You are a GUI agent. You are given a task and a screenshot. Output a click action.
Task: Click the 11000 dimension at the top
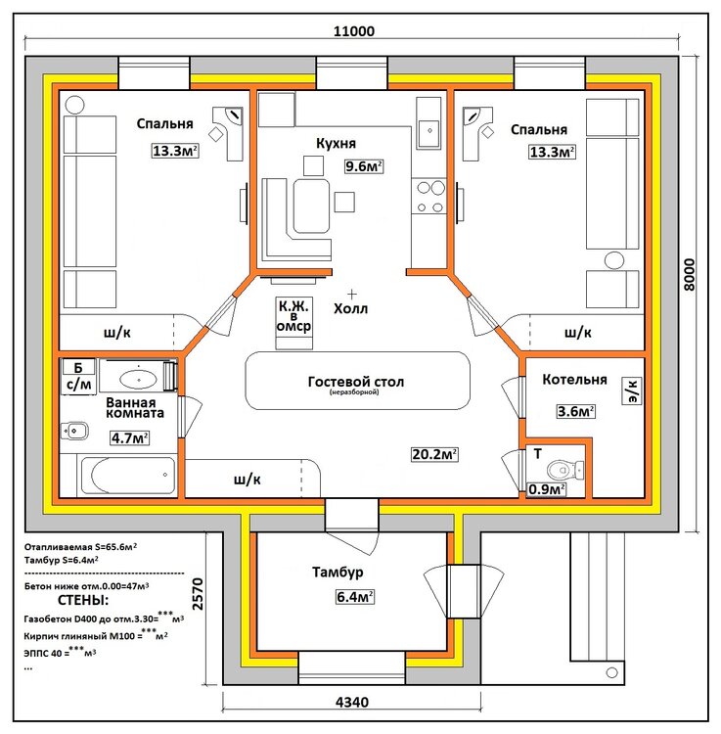[354, 31]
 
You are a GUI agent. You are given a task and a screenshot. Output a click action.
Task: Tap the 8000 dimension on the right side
[689, 275]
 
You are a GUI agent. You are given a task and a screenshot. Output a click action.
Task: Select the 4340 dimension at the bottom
[352, 702]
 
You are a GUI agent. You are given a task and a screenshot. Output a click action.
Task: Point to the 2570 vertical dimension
[198, 594]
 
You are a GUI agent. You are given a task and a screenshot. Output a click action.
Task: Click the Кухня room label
[336, 143]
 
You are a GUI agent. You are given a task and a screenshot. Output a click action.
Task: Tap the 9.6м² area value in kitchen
[364, 166]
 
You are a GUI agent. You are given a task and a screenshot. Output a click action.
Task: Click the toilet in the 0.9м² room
[565, 469]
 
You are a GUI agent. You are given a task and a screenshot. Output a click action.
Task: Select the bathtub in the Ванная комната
[128, 475]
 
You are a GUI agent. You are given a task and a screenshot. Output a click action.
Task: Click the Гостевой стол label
[355, 382]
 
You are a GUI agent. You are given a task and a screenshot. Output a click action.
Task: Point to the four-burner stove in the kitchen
[430, 197]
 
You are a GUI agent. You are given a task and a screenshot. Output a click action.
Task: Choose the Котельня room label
[574, 379]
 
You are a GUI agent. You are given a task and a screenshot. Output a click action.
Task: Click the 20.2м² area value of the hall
[434, 454]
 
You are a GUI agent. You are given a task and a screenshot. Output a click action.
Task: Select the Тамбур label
[338, 573]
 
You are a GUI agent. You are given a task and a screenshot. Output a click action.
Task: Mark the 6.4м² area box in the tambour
[355, 597]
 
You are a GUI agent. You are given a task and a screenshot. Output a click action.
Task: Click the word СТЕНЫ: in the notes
[83, 600]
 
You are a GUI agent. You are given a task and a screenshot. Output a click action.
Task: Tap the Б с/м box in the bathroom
[78, 377]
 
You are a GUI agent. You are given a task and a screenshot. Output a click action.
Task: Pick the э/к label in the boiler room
[632, 391]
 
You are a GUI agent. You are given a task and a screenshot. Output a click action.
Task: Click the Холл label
[350, 309]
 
